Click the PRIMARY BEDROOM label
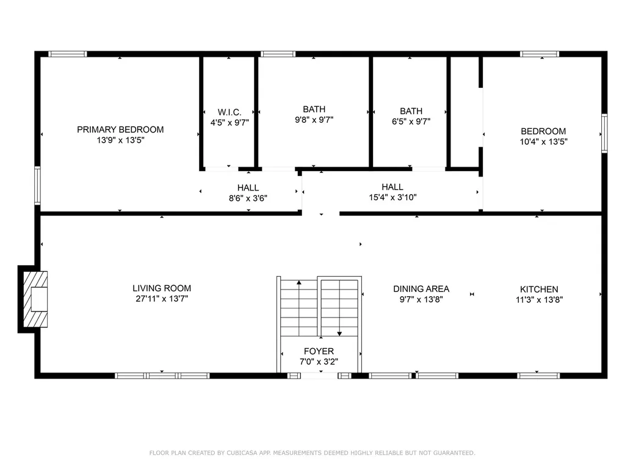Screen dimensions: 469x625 coord(120,129)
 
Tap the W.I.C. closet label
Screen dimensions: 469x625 coord(229,112)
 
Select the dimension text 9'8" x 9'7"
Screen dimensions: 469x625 coord(314,120)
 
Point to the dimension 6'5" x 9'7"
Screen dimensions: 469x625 coord(411,121)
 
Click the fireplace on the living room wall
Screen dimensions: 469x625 coord(34,299)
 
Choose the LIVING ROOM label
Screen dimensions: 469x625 coord(162,288)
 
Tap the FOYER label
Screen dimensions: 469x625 coord(319,351)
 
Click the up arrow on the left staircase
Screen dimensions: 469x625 coord(299,283)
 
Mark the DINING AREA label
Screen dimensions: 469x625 coord(421,289)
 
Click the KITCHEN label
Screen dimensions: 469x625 coord(539,289)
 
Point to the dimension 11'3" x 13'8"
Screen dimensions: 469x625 coord(539,299)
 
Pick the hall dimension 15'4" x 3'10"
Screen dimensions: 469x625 coord(392,197)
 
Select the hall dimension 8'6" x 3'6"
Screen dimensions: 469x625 coord(248,198)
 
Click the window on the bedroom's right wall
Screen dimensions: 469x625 coord(604,133)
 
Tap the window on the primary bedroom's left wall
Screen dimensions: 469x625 coord(37,186)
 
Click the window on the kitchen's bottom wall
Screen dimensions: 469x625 coord(539,376)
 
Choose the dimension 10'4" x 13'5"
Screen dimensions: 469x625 coord(543,141)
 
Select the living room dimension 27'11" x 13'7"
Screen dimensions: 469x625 coord(162,299)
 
